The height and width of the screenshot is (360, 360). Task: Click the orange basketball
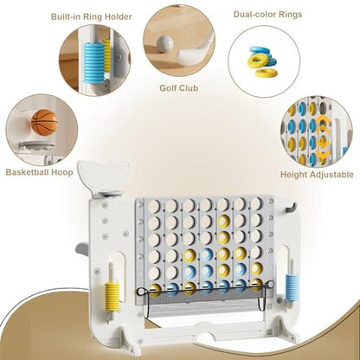tap(44, 122)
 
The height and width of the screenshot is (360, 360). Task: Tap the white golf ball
tap(165, 44)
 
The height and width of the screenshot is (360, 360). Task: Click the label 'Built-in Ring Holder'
tap(91, 16)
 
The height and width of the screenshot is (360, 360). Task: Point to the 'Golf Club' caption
tap(179, 87)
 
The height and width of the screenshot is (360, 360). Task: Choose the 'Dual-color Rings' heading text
tap(267, 14)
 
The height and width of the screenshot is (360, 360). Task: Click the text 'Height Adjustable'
tap(317, 175)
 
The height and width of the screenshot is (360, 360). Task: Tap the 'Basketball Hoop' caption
tap(39, 172)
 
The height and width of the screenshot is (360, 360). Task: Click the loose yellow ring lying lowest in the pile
tap(267, 74)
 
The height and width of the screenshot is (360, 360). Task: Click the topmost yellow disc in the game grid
tap(223, 222)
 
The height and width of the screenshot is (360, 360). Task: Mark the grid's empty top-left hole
tap(154, 206)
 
